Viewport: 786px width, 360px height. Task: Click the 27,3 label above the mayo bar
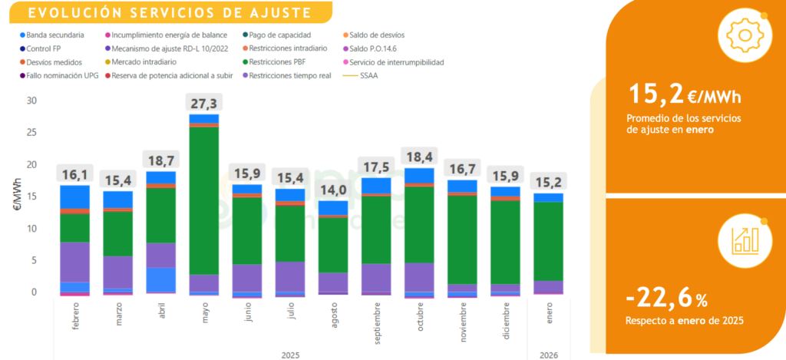point(203,104)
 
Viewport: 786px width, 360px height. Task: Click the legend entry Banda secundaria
point(54,35)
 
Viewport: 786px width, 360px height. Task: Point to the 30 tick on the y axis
point(31,101)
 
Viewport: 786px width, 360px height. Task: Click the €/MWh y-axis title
point(17,196)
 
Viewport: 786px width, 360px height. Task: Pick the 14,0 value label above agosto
point(333,191)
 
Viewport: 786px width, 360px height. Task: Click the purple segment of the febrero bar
point(75,262)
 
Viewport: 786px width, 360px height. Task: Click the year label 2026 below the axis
point(549,355)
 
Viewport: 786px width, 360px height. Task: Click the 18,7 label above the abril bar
point(160,160)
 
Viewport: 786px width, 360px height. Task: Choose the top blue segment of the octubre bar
point(419,176)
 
